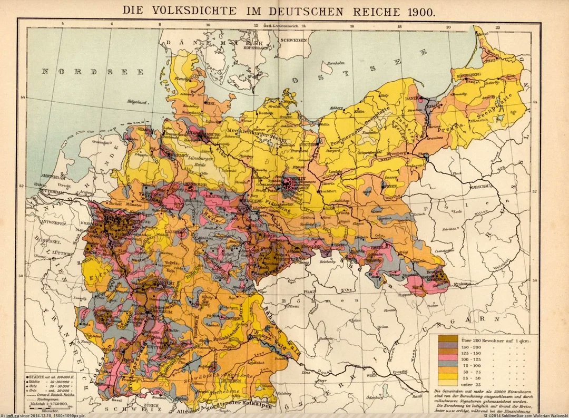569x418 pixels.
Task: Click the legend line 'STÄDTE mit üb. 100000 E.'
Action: pyautogui.click(x=48, y=377)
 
